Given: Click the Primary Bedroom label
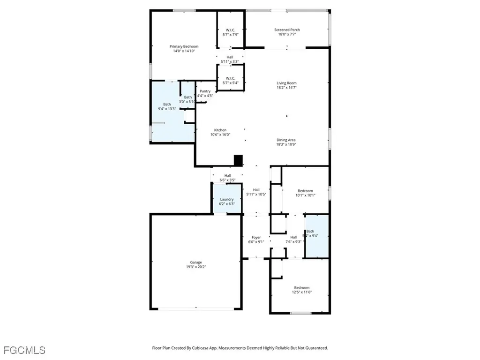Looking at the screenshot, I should pyautogui.click(x=184, y=46).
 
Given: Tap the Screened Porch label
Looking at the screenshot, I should pyautogui.click(x=287, y=30).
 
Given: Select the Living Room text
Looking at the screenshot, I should pyautogui.click(x=286, y=83).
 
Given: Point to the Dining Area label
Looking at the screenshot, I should pyautogui.click(x=286, y=140).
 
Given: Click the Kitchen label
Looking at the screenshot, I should pyautogui.click(x=220, y=130).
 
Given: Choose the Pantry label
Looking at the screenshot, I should pyautogui.click(x=205, y=91).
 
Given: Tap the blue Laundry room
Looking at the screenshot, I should pyautogui.click(x=227, y=199).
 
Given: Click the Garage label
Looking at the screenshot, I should pyautogui.click(x=196, y=262).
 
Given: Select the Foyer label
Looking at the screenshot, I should pyautogui.click(x=256, y=237).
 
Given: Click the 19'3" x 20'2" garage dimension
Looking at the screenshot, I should pyautogui.click(x=196, y=267).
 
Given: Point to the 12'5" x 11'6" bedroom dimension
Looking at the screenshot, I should pyautogui.click(x=301, y=292).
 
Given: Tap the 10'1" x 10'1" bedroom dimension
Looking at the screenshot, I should pyautogui.click(x=305, y=195).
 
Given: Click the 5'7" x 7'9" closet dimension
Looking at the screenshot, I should pyautogui.click(x=230, y=34).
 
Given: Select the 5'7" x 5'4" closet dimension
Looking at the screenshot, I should pyautogui.click(x=230, y=83).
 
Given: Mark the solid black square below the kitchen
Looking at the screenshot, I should pyautogui.click(x=239, y=160).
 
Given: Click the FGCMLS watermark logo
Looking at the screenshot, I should pyautogui.click(x=24, y=350).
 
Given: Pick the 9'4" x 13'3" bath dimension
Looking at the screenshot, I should pyautogui.click(x=167, y=109).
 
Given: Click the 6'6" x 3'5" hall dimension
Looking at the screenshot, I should pyautogui.click(x=227, y=180).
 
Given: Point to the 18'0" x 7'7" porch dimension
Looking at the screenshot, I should pyautogui.click(x=287, y=34).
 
